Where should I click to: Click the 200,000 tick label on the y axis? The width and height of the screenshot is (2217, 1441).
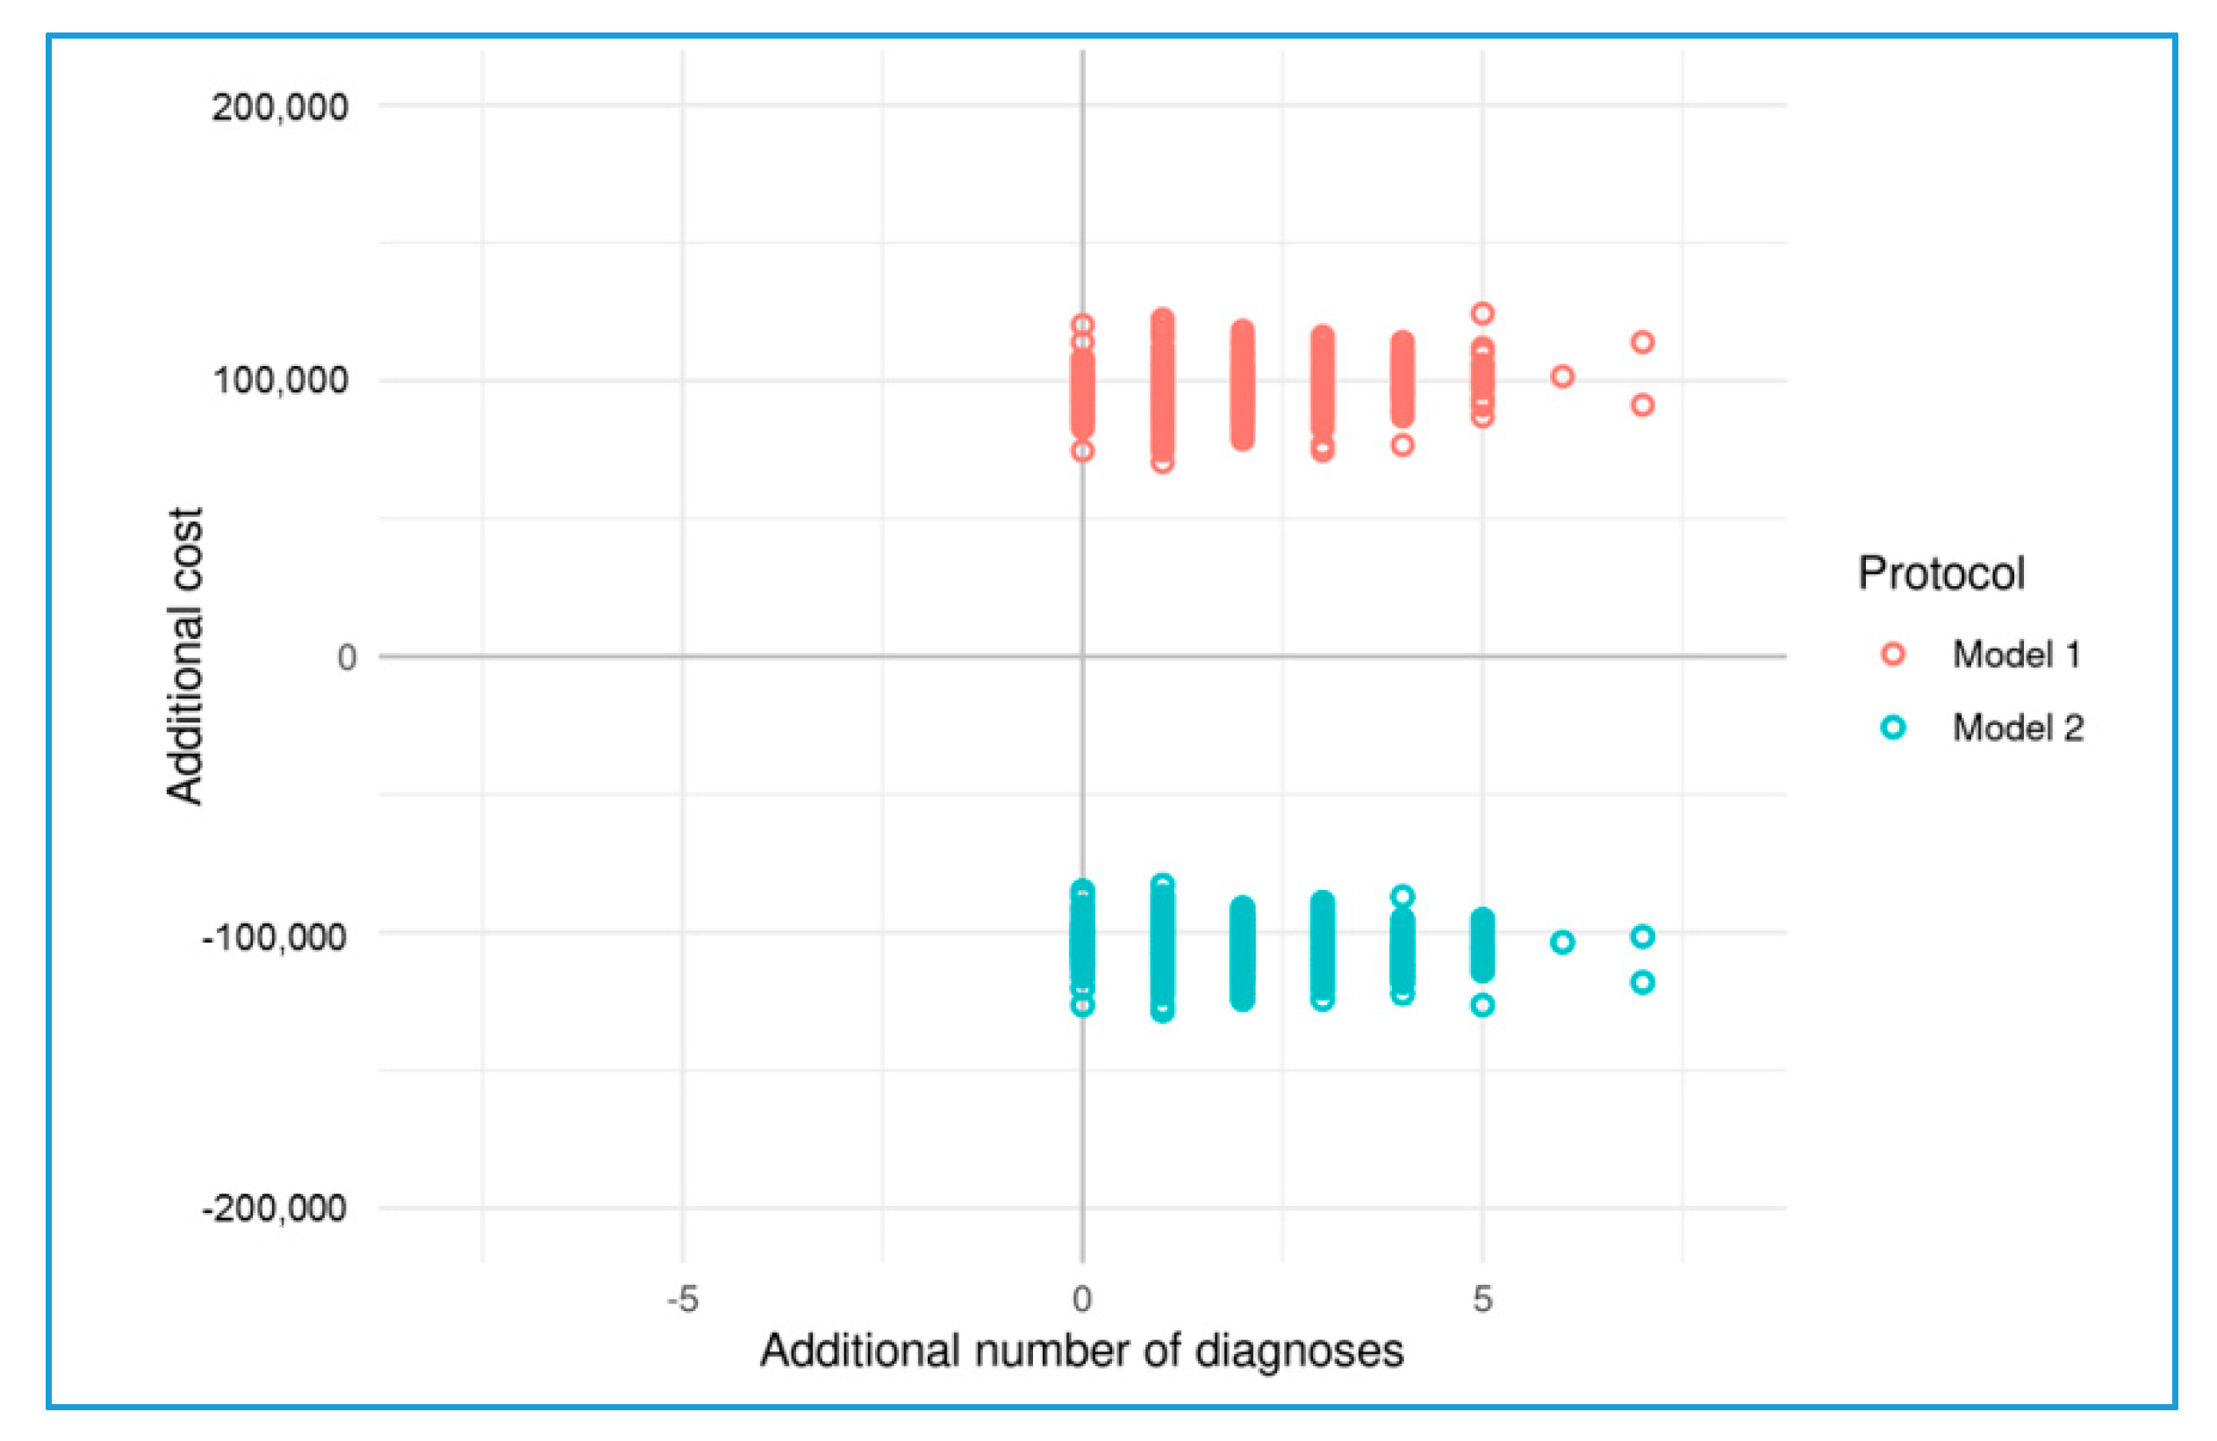click(278, 107)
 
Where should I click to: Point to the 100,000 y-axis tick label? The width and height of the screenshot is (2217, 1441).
click(280, 380)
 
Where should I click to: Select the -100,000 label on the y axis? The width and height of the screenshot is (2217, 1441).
click(275, 936)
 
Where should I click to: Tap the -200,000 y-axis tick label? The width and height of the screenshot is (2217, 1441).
click(275, 1208)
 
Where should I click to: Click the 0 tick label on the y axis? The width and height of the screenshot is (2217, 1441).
click(347, 657)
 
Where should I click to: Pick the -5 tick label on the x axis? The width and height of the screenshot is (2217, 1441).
click(682, 1299)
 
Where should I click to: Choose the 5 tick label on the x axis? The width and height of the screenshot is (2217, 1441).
click(1482, 1299)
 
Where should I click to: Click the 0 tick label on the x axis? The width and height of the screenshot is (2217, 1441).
click(1081, 1299)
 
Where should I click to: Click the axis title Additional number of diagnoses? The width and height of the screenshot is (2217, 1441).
click(1081, 1351)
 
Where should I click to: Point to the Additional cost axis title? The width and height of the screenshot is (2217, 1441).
click(184, 656)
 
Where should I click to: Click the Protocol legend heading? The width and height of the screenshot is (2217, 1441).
click(1941, 573)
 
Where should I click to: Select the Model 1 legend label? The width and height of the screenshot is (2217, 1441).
click(2017, 654)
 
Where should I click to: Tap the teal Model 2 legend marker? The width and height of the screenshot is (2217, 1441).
click(1893, 728)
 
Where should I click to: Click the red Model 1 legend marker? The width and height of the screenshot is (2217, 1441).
click(1893, 654)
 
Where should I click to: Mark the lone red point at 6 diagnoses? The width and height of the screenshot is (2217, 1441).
click(1562, 376)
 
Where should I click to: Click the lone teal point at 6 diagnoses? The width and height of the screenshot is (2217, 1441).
click(1562, 942)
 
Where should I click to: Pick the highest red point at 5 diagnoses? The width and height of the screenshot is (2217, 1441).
click(1482, 313)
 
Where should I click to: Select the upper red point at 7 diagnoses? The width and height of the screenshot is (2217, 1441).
click(1642, 342)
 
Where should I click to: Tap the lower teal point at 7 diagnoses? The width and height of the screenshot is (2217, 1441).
click(1642, 982)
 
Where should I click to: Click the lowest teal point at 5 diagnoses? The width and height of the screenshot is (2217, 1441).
click(1482, 1005)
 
